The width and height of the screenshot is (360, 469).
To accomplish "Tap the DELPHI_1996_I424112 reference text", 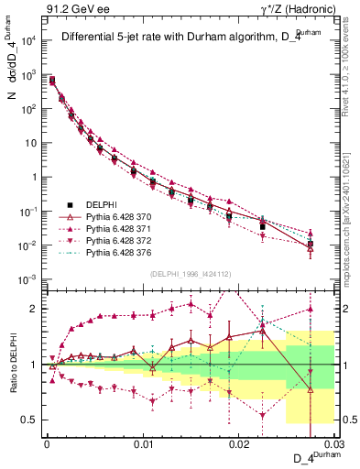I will point(189,272).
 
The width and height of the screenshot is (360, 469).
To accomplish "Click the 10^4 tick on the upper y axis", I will point(29,41).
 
